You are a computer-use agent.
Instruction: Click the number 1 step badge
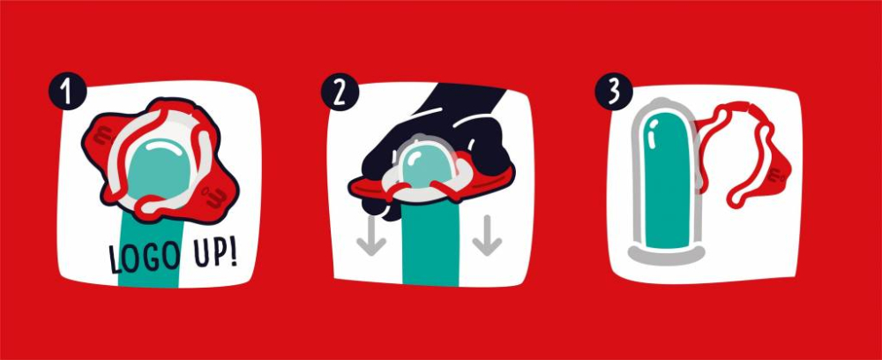[x=68, y=91]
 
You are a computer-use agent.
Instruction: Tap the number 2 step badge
[x=340, y=92]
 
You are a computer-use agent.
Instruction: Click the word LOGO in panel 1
[x=145, y=258]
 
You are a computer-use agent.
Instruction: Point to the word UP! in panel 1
[x=215, y=254]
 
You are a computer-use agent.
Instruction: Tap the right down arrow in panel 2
[x=487, y=236]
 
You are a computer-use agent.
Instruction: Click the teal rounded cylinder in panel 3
[x=667, y=181]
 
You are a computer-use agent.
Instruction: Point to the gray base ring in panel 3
[x=666, y=256]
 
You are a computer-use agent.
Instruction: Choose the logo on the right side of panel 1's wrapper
[x=217, y=196]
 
